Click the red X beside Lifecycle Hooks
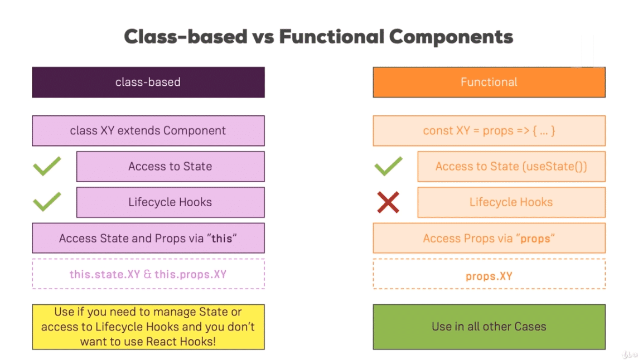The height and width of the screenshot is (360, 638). (x=388, y=202)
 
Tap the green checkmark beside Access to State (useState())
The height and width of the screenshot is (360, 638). (x=389, y=166)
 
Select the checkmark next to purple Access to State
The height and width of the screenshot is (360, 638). (x=47, y=166)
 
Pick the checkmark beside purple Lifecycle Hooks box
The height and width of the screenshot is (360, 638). (x=47, y=201)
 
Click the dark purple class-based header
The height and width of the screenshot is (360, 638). (x=148, y=82)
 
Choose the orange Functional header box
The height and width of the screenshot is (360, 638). (x=489, y=82)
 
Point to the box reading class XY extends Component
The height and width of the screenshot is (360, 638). (x=148, y=130)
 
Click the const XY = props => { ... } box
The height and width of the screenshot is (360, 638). (x=489, y=130)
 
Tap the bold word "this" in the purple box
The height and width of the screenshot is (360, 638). (x=222, y=238)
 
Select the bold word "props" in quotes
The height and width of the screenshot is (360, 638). (x=535, y=239)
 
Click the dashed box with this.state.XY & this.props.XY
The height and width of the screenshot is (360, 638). (x=148, y=274)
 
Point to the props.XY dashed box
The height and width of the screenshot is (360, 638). (x=489, y=274)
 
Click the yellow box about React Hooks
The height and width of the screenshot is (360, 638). (x=148, y=327)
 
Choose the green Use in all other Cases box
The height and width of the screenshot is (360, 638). (x=489, y=327)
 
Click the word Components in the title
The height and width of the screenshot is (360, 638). (x=451, y=37)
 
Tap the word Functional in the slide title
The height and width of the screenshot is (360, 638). (x=331, y=36)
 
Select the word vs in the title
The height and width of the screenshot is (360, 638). (x=263, y=37)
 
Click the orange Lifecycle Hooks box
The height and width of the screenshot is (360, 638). (x=511, y=202)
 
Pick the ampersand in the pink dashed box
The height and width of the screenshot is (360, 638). (x=147, y=274)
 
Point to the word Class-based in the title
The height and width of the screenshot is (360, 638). (x=186, y=36)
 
